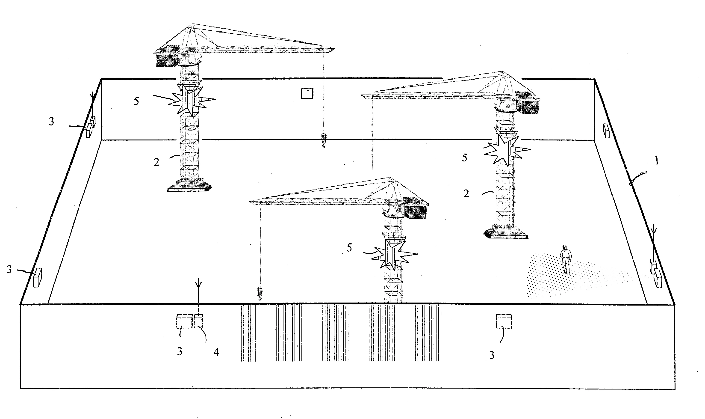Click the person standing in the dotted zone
click(x=566, y=259)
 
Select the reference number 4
click(x=216, y=352)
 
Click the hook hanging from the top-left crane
click(x=324, y=141)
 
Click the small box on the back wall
click(x=307, y=93)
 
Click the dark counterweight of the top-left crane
click(x=166, y=60)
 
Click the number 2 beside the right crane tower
click(x=466, y=193)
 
